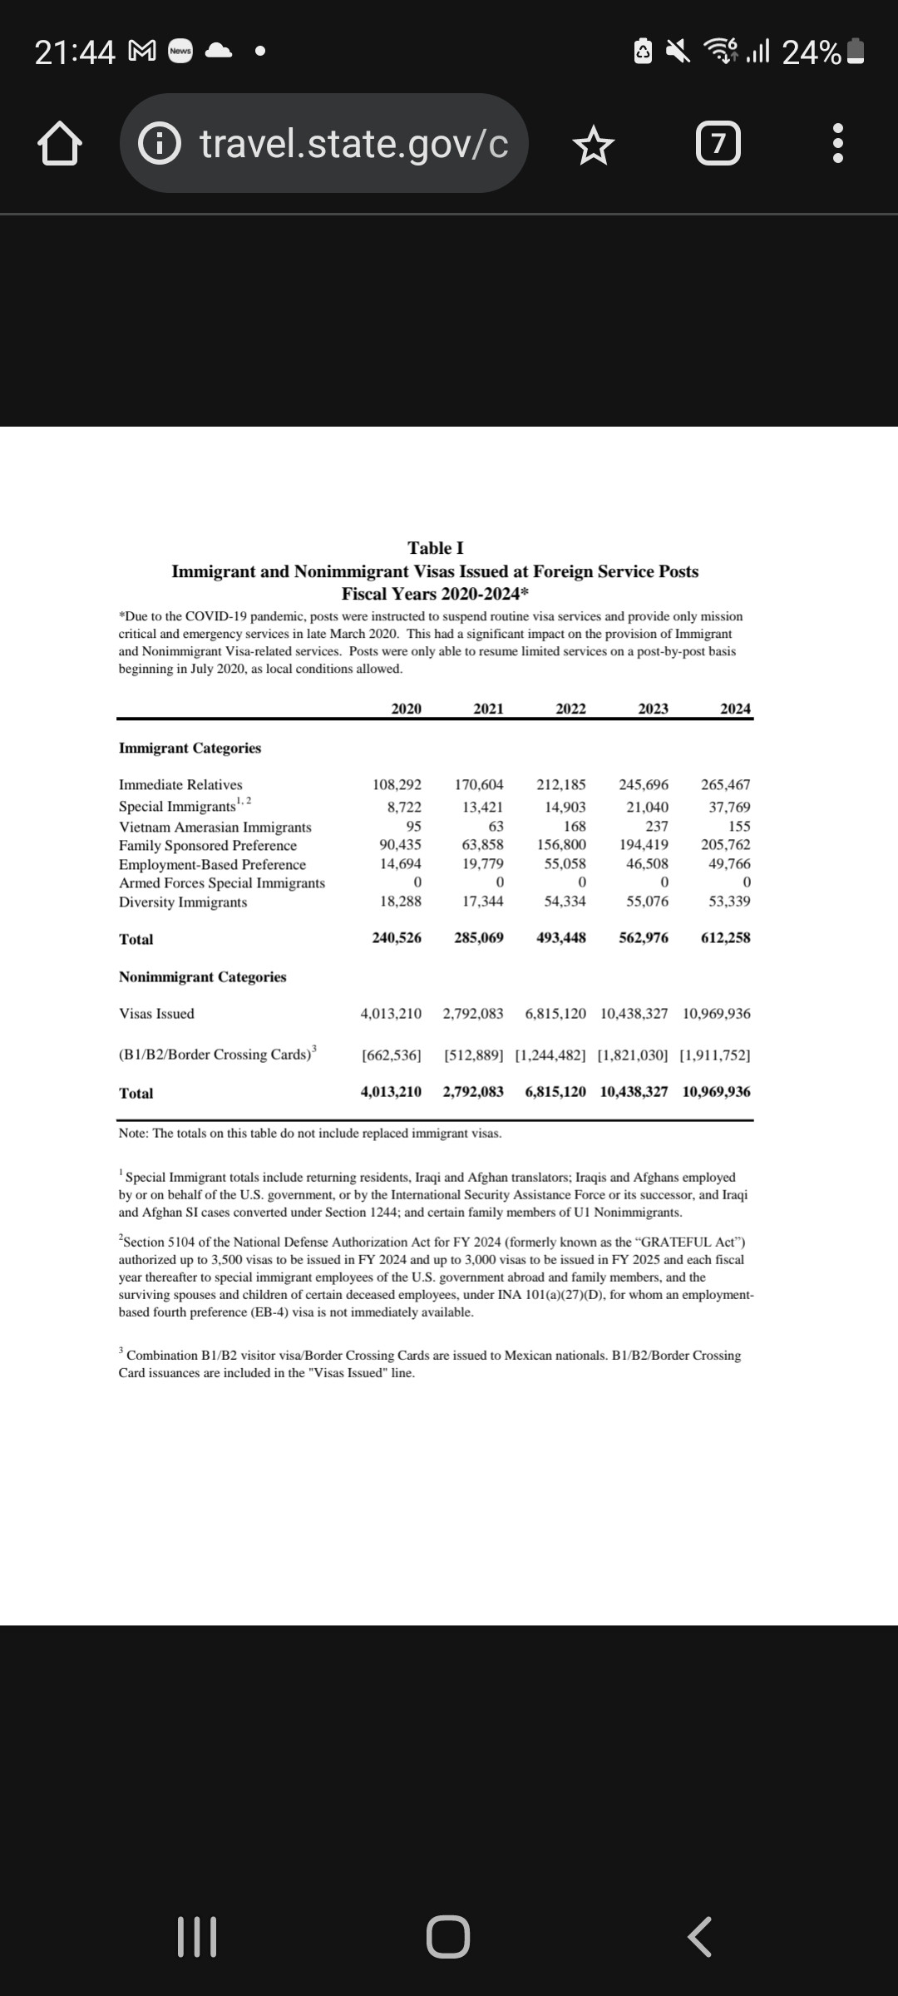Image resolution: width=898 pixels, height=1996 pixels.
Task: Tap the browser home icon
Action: [60, 144]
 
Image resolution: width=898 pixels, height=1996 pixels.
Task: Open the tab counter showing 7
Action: [718, 144]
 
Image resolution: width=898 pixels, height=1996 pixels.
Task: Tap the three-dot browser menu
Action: [838, 144]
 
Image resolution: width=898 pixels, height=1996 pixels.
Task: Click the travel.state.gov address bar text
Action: [353, 144]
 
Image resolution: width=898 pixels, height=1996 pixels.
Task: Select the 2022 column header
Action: [570, 709]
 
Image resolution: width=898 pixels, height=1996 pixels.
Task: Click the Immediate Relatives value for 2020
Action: [397, 784]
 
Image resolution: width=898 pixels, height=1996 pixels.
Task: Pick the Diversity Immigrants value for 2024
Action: [729, 902]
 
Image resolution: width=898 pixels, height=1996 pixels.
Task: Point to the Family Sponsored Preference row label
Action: [208, 846]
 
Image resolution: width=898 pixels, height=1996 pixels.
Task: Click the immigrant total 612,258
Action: [725, 938]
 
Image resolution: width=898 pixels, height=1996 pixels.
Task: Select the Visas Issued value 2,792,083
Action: [473, 1014]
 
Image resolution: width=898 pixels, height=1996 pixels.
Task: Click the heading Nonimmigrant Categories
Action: [202, 977]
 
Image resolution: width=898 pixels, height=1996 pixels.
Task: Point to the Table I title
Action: [436, 548]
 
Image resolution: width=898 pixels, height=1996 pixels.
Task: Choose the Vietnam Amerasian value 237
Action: [657, 827]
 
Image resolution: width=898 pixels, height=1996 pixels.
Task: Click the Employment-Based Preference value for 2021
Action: [483, 864]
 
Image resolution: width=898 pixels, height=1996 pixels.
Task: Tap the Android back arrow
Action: [699, 1937]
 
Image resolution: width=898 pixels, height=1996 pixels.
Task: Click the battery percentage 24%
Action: [811, 52]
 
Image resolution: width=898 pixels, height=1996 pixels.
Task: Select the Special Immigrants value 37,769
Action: [729, 807]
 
